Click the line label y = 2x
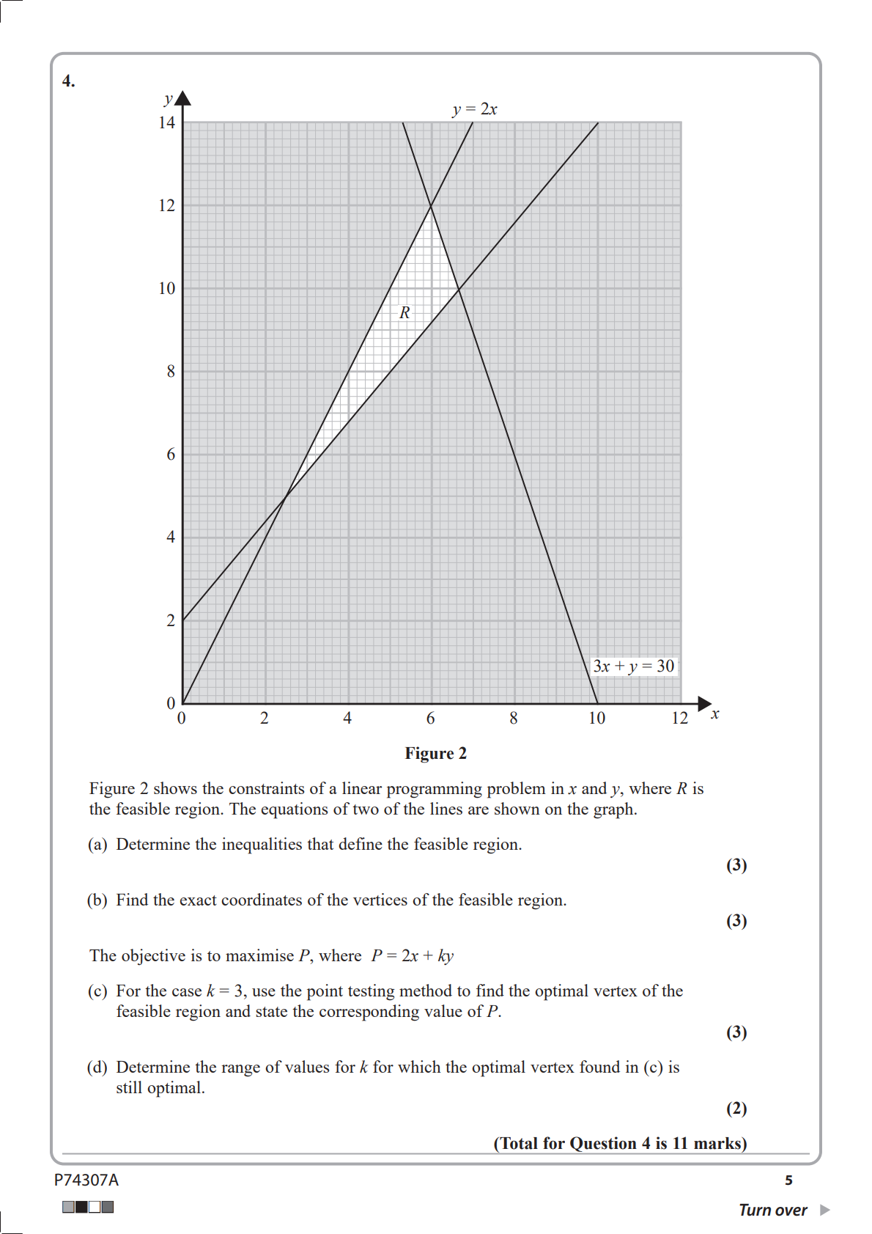tap(475, 109)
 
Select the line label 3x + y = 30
tap(633, 666)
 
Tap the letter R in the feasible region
tap(404, 312)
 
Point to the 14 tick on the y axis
tap(167, 122)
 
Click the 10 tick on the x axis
tap(596, 718)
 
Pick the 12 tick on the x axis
tap(679, 718)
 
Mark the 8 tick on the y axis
tap(171, 371)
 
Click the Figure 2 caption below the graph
tap(435, 753)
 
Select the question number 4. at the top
tap(68, 81)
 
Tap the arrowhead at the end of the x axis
tap(704, 704)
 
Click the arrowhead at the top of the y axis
tap(183, 98)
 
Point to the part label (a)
tap(97, 844)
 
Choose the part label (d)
tap(97, 1067)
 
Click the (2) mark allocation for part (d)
tap(736, 1108)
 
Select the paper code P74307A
tap(86, 1180)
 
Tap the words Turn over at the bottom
tap(772, 1210)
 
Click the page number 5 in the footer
tap(788, 1180)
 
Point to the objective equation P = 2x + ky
tap(412, 955)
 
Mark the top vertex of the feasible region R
tap(431, 205)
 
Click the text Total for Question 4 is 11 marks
tap(620, 1143)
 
